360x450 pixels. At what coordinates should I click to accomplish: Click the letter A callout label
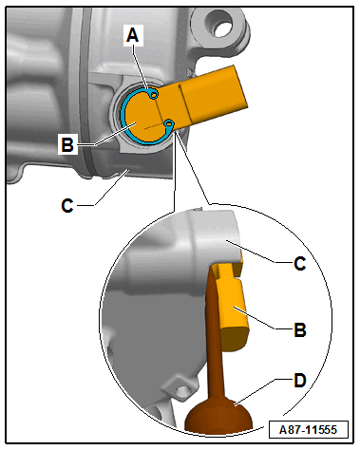[x=133, y=35]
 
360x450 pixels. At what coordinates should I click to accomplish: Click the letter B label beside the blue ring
[x=67, y=144]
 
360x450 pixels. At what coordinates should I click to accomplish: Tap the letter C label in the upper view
[x=67, y=205]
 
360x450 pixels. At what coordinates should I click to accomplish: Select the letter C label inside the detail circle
[x=300, y=263]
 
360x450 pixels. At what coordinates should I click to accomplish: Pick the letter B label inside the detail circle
[x=300, y=329]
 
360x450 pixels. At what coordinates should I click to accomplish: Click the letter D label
[x=300, y=381]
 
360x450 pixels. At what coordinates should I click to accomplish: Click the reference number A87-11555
[x=309, y=429]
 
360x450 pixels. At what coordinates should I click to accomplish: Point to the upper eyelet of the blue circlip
[x=154, y=94]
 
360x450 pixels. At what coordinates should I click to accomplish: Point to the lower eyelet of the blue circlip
[x=169, y=123]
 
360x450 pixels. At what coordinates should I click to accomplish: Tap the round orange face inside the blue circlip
[x=143, y=117]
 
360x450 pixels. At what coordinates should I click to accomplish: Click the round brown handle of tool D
[x=218, y=414]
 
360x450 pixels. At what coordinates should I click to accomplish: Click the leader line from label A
[x=141, y=67]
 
